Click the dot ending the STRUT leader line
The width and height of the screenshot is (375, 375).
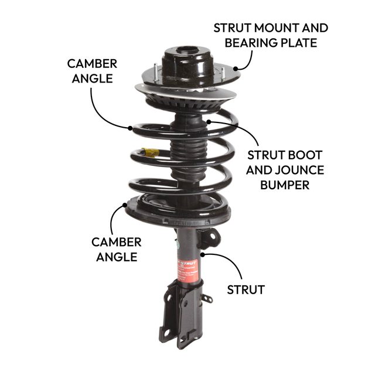[x=202, y=254]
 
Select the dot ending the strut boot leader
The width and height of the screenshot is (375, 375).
[x=208, y=121]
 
